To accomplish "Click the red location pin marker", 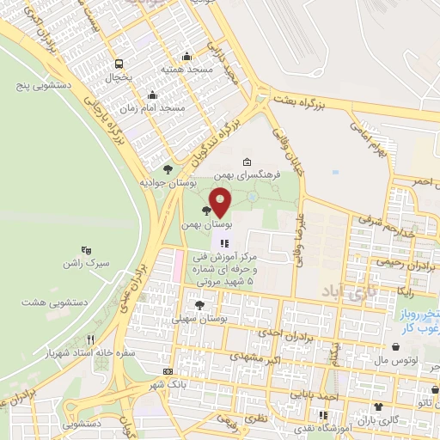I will pyautogui.click(x=220, y=202).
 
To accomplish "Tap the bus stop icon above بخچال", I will pyautogui.click(x=120, y=63).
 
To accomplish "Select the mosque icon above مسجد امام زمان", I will pyautogui.click(x=152, y=95).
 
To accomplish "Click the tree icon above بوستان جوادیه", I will pyautogui.click(x=168, y=169).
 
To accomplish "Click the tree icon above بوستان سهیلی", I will pyautogui.click(x=199, y=304).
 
